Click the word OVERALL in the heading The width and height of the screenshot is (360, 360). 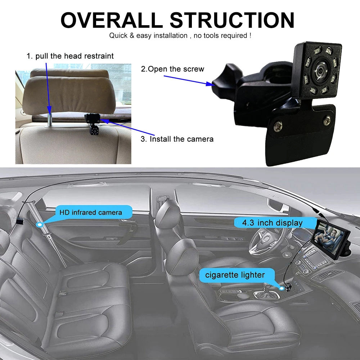click(112, 20)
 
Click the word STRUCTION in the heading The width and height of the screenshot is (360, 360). click(232, 20)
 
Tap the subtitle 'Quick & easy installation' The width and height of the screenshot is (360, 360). click(148, 36)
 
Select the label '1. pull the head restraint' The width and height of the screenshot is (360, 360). click(70, 56)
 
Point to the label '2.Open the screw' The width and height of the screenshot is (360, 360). click(172, 69)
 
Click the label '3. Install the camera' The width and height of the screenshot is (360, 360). click(177, 139)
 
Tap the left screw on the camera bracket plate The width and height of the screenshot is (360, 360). click(278, 126)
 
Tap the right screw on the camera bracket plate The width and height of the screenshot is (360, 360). click(327, 120)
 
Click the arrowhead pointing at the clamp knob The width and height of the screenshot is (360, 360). click(210, 84)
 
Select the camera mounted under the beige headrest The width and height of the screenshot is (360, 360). click(93, 123)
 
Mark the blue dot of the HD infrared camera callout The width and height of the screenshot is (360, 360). click(40, 224)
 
